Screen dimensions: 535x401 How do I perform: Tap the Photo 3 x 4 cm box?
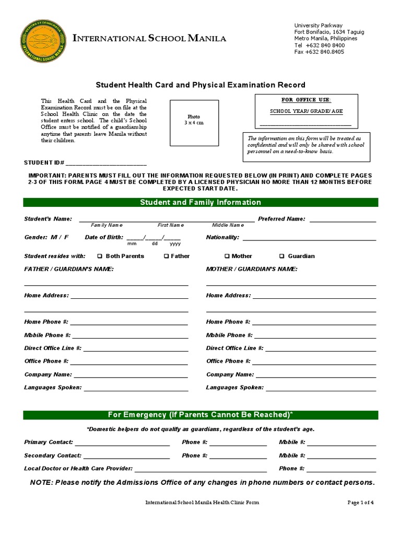[194, 120]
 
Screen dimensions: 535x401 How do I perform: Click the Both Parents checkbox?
[100, 257]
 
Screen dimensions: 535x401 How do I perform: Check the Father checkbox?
[166, 257]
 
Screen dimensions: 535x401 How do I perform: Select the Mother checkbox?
[227, 257]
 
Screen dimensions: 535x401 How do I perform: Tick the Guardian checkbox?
[282, 257]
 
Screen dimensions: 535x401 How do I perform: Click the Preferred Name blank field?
[343, 219]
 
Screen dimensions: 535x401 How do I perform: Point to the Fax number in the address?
[319, 52]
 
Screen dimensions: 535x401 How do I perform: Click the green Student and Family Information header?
[200, 203]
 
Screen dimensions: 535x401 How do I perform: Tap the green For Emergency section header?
[200, 415]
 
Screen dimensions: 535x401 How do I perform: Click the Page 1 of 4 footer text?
[361, 503]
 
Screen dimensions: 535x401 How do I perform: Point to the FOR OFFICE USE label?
[305, 100]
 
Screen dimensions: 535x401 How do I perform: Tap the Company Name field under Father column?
[131, 375]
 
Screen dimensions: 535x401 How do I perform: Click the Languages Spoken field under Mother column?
[321, 388]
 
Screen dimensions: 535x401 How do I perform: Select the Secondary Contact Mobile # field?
[342, 456]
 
